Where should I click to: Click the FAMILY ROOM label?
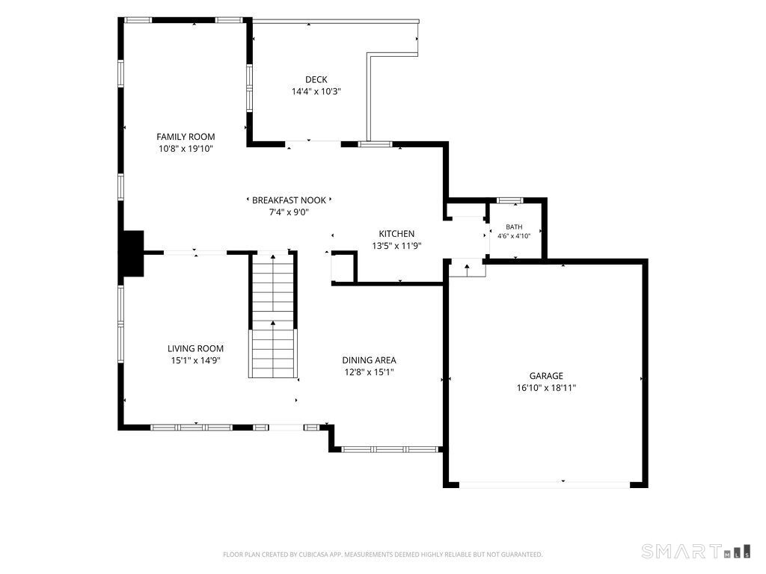coord(186,137)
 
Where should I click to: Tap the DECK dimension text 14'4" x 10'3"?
coord(316,91)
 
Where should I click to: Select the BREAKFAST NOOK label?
coord(289,200)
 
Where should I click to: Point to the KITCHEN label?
coord(396,234)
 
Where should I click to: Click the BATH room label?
coord(514,227)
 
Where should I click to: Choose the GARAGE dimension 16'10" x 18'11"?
coord(546,388)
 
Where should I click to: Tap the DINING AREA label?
coord(369,360)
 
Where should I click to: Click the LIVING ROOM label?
coord(195,348)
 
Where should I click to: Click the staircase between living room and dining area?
coord(273,315)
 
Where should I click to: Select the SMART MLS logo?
coord(696,551)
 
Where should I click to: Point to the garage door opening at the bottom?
coord(545,484)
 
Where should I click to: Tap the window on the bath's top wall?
coord(510,200)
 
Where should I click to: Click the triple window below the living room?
coord(191,428)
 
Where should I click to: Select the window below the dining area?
coord(390,449)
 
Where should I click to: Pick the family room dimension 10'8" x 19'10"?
coord(186,149)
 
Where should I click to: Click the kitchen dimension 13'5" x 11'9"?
coord(396,246)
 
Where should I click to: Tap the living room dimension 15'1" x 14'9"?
coord(195,361)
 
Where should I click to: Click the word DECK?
coord(316,79)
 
